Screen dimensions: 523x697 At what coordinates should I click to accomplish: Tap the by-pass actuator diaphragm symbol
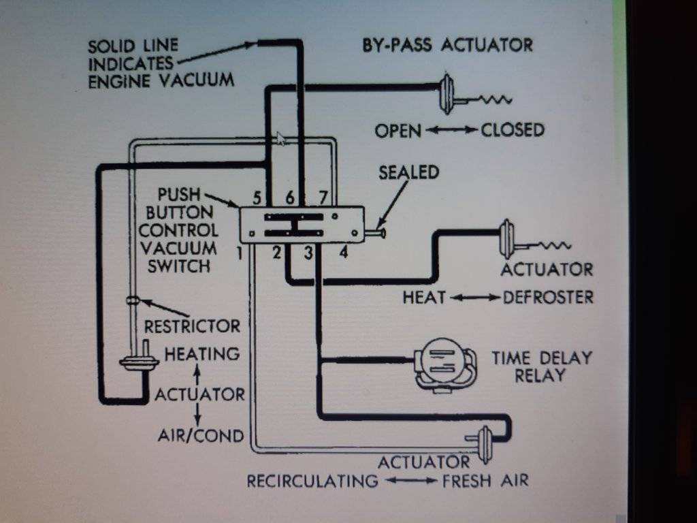[447, 93]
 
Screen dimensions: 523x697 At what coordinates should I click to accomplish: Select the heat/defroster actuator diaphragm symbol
[507, 238]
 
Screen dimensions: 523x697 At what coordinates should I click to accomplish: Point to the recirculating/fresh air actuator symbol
[485, 439]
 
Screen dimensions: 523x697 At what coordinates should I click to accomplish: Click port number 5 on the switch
[257, 198]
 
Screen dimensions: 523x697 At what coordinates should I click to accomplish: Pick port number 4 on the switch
[343, 254]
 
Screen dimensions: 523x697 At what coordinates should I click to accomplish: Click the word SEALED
[408, 173]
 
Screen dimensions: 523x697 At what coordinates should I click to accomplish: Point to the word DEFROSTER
[548, 298]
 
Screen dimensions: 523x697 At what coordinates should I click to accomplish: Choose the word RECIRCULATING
[312, 481]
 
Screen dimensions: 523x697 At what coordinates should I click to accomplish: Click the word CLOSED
[513, 129]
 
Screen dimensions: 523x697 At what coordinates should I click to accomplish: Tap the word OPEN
[398, 130]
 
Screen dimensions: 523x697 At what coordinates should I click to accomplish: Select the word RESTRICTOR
[192, 326]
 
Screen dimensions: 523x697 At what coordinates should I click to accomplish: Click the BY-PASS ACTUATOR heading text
[448, 46]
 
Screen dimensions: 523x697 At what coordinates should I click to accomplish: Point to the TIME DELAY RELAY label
[542, 366]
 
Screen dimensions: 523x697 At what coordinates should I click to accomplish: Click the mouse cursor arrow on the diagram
[280, 138]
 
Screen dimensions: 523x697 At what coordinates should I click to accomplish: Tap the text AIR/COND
[201, 435]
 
